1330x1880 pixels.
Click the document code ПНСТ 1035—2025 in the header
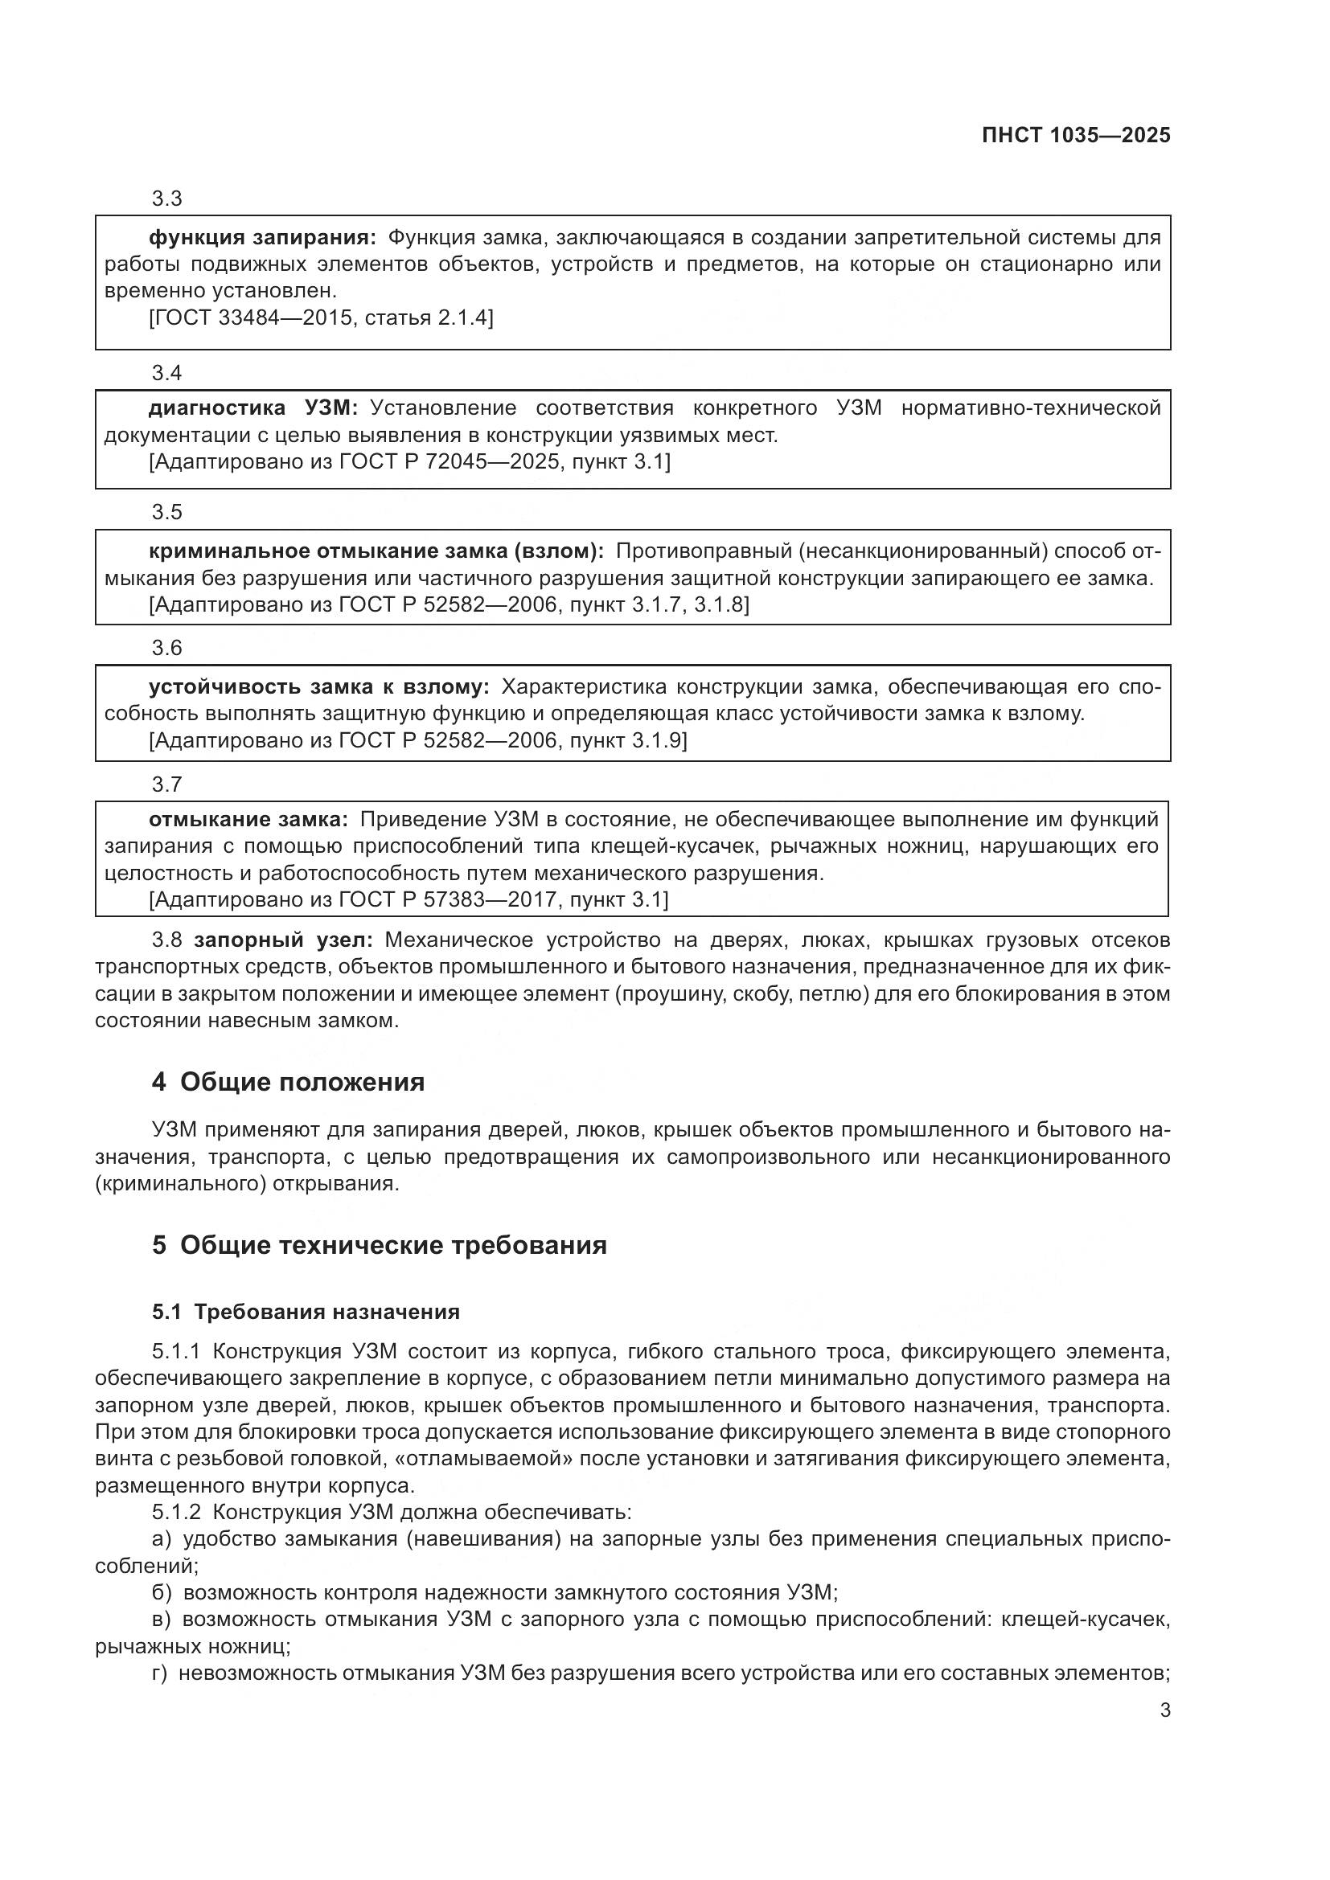(1076, 136)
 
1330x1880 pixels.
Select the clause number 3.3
(167, 199)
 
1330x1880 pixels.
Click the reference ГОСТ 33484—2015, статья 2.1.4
(321, 317)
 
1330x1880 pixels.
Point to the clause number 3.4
(167, 374)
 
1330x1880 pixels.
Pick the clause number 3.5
(167, 513)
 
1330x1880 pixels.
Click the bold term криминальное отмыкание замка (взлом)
(376, 551)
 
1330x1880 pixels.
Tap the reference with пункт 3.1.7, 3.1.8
(449, 605)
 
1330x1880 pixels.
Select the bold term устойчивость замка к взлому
(318, 687)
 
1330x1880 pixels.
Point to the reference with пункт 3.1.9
(417, 741)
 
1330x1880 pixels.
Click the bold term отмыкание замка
(248, 820)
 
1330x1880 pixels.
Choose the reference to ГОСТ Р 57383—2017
(408, 901)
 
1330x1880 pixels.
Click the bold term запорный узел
(283, 940)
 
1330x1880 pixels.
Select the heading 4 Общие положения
(289, 1083)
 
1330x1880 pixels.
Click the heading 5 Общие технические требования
(380, 1245)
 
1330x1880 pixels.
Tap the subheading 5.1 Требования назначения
(306, 1313)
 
